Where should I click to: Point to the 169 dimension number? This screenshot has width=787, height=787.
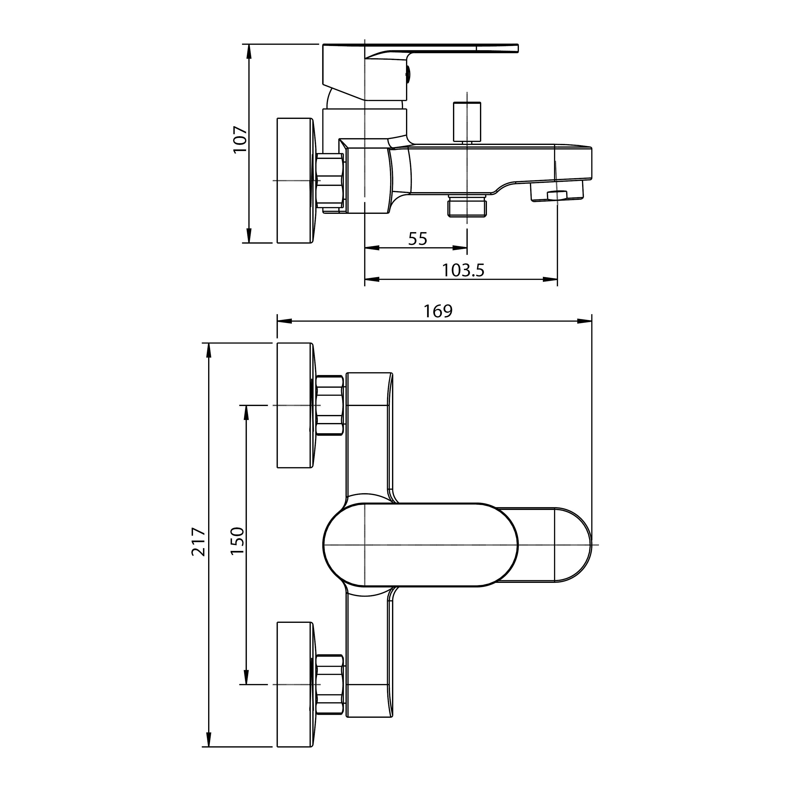438,311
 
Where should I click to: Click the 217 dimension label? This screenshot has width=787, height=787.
199,542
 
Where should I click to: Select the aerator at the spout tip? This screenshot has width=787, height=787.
557,191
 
